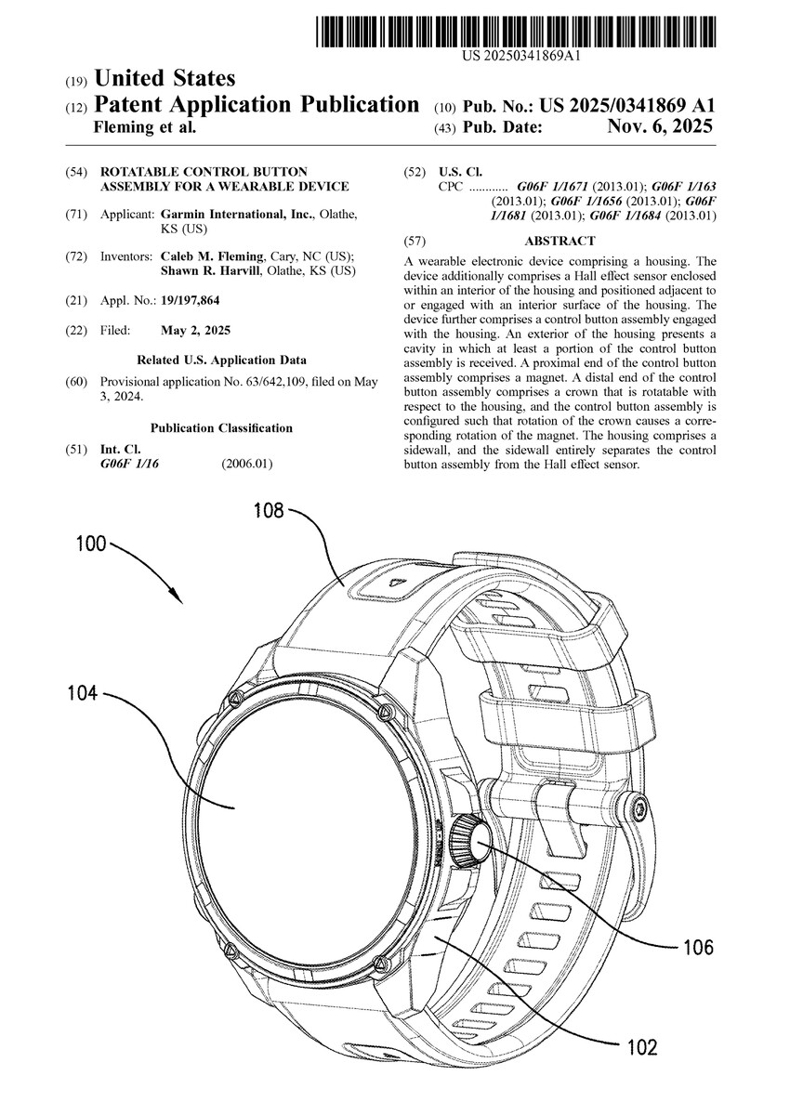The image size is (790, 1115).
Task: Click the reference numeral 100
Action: click(91, 544)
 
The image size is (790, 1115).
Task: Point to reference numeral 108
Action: click(270, 509)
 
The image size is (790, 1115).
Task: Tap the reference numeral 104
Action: click(82, 691)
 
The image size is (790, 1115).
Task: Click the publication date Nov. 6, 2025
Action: click(660, 126)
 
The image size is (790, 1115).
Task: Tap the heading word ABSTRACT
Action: click(560, 241)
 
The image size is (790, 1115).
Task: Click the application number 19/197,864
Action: click(191, 301)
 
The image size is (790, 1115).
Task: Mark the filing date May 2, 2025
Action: click(195, 331)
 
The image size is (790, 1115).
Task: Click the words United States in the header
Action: click(165, 79)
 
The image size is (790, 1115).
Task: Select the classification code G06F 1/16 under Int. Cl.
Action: click(129, 464)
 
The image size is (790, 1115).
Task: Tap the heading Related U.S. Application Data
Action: click(221, 360)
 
